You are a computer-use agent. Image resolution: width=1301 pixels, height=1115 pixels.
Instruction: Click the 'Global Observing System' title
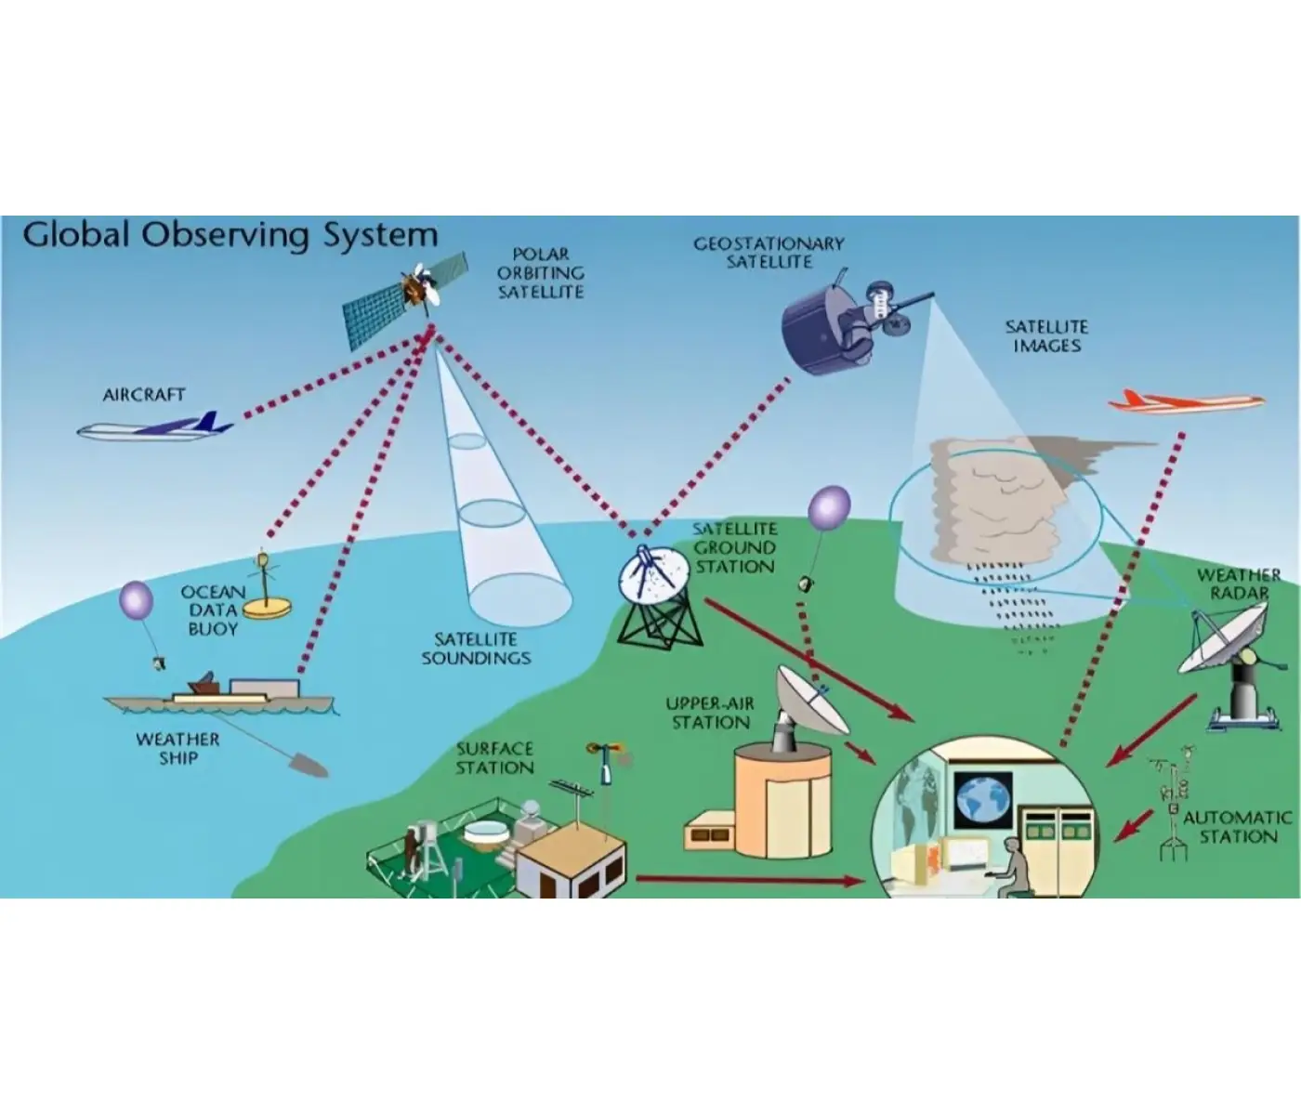[230, 235]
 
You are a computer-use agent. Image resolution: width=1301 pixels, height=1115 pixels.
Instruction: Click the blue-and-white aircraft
[154, 426]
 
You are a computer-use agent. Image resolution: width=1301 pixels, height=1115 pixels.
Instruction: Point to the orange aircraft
[1186, 401]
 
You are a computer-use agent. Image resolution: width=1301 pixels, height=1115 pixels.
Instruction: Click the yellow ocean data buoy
[267, 588]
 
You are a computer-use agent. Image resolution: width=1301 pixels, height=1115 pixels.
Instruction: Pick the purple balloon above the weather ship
[136, 599]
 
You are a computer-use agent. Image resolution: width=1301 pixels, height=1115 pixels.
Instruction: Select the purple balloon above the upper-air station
[829, 507]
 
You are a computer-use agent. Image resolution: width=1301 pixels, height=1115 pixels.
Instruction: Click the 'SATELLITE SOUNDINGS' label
[477, 649]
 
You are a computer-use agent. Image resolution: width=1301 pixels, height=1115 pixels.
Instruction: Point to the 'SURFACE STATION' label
[494, 758]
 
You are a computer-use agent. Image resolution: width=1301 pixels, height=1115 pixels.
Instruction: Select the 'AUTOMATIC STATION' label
[1238, 827]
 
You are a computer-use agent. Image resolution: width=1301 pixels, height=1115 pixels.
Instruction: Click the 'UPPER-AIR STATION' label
[710, 713]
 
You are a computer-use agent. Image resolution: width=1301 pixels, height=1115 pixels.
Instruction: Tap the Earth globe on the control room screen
[983, 799]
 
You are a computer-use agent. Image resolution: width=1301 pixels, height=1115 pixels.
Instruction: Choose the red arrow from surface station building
[748, 881]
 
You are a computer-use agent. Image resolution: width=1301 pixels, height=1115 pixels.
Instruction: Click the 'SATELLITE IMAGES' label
[1046, 336]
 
